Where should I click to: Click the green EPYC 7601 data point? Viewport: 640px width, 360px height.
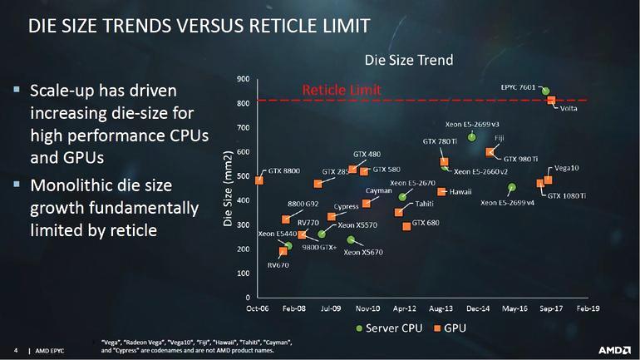click(545, 91)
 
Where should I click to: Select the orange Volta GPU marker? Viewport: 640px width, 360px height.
click(551, 101)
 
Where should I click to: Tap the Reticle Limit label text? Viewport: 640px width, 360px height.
click(342, 89)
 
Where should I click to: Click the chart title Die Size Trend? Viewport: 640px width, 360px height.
click(409, 60)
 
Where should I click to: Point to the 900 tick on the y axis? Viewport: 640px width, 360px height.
click(243, 79)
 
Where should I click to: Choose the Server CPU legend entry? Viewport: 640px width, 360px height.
click(391, 328)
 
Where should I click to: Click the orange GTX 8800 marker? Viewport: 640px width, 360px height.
click(259, 180)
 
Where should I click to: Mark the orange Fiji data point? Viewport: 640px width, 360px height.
click(489, 152)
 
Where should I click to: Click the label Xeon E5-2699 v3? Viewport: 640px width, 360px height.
click(471, 124)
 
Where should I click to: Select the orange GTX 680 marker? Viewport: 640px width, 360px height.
click(406, 226)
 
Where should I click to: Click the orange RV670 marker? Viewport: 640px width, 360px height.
click(283, 251)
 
